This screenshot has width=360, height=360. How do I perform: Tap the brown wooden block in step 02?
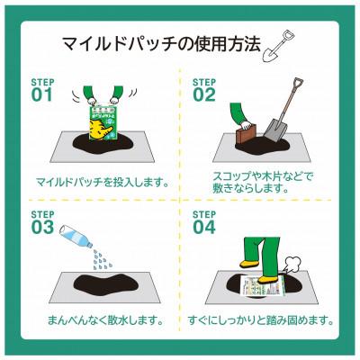[245, 137]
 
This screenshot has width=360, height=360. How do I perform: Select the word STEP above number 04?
[202, 214]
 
